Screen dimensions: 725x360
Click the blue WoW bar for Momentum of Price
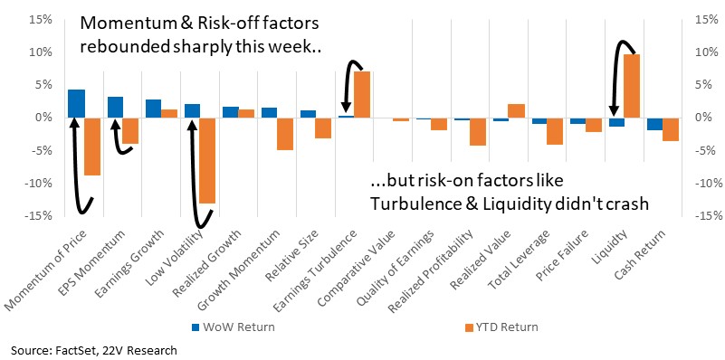[x=76, y=103]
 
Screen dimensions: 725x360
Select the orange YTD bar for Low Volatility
[x=207, y=160]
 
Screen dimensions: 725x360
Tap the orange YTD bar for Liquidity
[x=632, y=86]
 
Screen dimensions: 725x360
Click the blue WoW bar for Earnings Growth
[x=154, y=109]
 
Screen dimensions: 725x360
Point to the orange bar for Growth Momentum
[x=285, y=134]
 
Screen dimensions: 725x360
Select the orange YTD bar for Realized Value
[x=517, y=111]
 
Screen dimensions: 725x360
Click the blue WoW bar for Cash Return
[x=654, y=124]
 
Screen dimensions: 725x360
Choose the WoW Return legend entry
[x=233, y=327]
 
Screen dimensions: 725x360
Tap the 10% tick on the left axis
[x=41, y=52]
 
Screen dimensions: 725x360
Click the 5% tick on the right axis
[x=702, y=85]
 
